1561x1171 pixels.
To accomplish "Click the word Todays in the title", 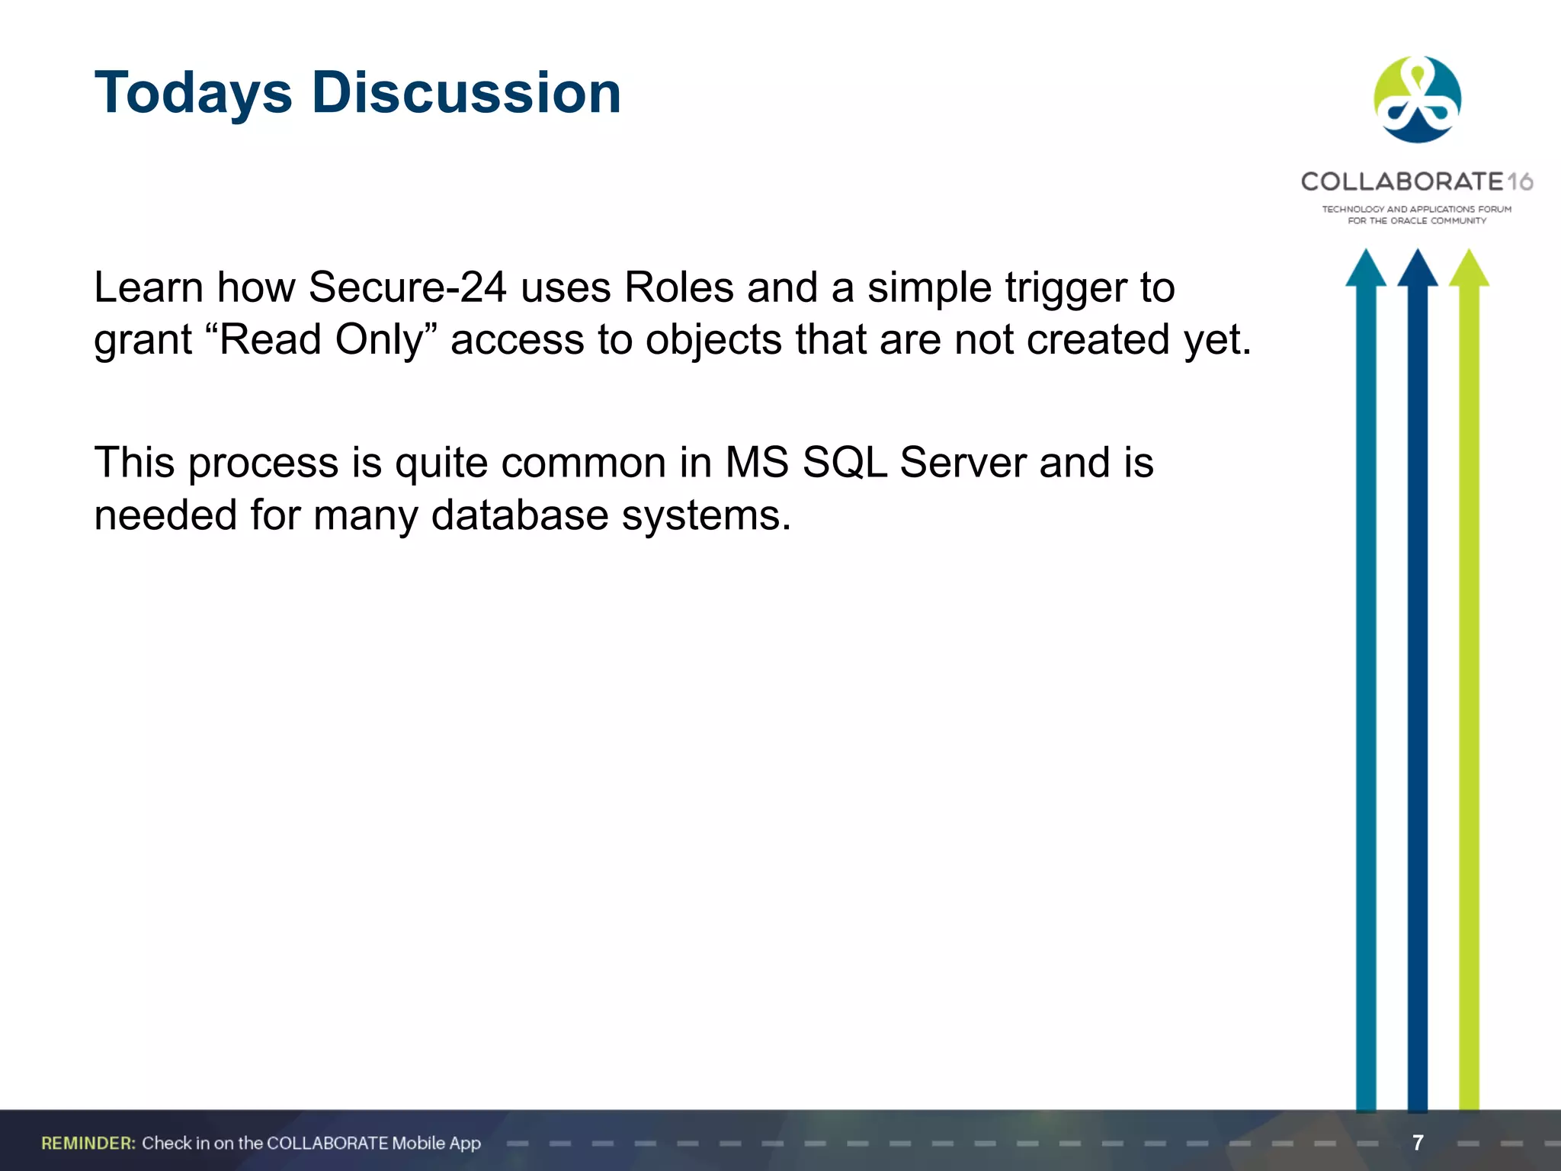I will click(x=194, y=93).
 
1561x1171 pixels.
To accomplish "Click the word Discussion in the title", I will click(x=466, y=93).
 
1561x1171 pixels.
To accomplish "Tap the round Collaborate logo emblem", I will click(x=1417, y=99).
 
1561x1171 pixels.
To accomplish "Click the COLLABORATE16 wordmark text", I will click(x=1416, y=181).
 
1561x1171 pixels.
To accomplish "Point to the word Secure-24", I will click(x=408, y=288).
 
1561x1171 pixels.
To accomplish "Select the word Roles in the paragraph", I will click(x=678, y=288).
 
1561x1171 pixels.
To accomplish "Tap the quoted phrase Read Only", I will click(x=321, y=340).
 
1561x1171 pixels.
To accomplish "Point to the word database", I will click(x=519, y=515).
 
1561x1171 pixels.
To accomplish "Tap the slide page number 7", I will click(x=1418, y=1143).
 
